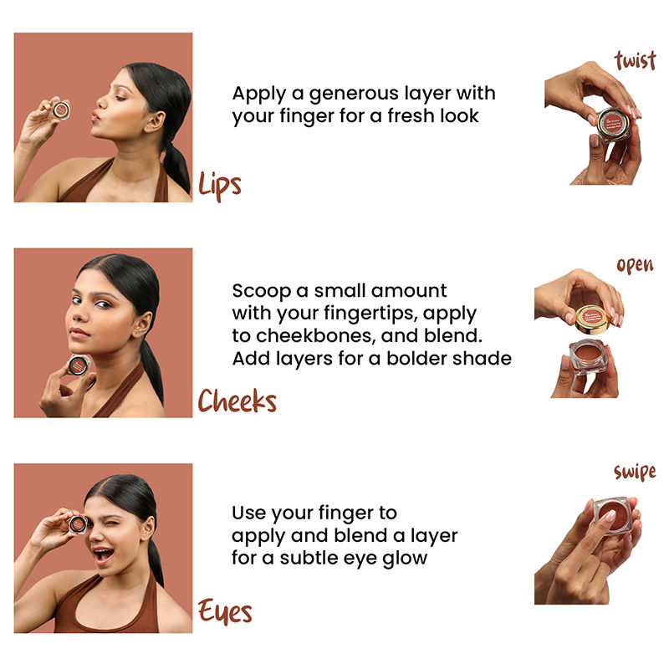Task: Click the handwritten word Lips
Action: (220, 186)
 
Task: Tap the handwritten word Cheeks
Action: (237, 401)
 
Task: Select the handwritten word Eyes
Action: (225, 611)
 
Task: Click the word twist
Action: (635, 60)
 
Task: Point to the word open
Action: (635, 265)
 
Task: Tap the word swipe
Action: (635, 472)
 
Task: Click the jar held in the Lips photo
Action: (60, 110)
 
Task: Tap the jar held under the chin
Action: (79, 365)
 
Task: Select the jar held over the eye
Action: (78, 524)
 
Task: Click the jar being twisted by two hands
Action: (614, 124)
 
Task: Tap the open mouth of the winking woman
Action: (104, 555)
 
